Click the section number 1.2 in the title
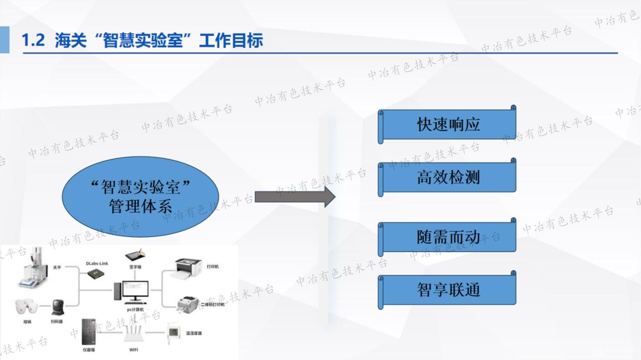(33, 40)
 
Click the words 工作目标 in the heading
(231, 40)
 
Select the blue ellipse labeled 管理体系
(140, 196)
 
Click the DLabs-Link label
(97, 263)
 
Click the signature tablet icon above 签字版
(135, 255)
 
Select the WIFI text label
(133, 350)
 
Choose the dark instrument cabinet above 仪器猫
(89, 332)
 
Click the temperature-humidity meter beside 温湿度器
(173, 332)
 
